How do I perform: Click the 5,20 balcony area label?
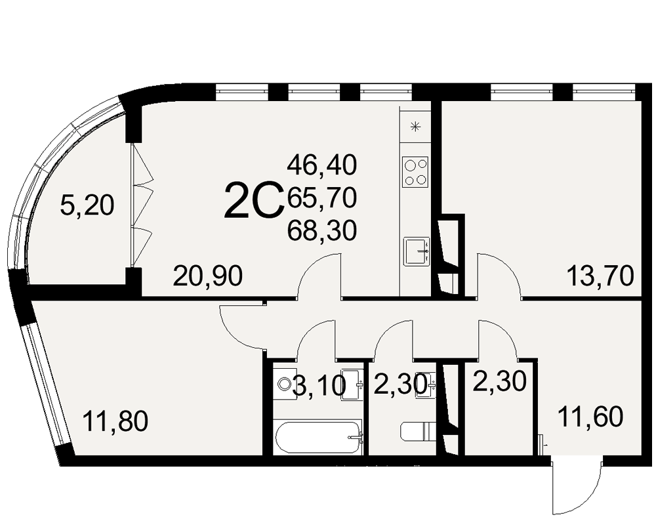click(87, 205)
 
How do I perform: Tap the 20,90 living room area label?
click(208, 276)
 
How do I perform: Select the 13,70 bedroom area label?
click(600, 276)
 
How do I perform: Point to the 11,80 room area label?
click(115, 421)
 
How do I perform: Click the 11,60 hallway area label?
click(591, 417)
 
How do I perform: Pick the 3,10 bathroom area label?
click(319, 386)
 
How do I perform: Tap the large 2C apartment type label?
click(253, 200)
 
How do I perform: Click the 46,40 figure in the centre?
click(321, 164)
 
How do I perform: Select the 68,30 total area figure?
click(321, 230)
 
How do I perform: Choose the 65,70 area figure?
click(321, 197)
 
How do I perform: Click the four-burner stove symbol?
click(415, 172)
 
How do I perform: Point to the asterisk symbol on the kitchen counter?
click(415, 127)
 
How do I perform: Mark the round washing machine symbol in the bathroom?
click(285, 383)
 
